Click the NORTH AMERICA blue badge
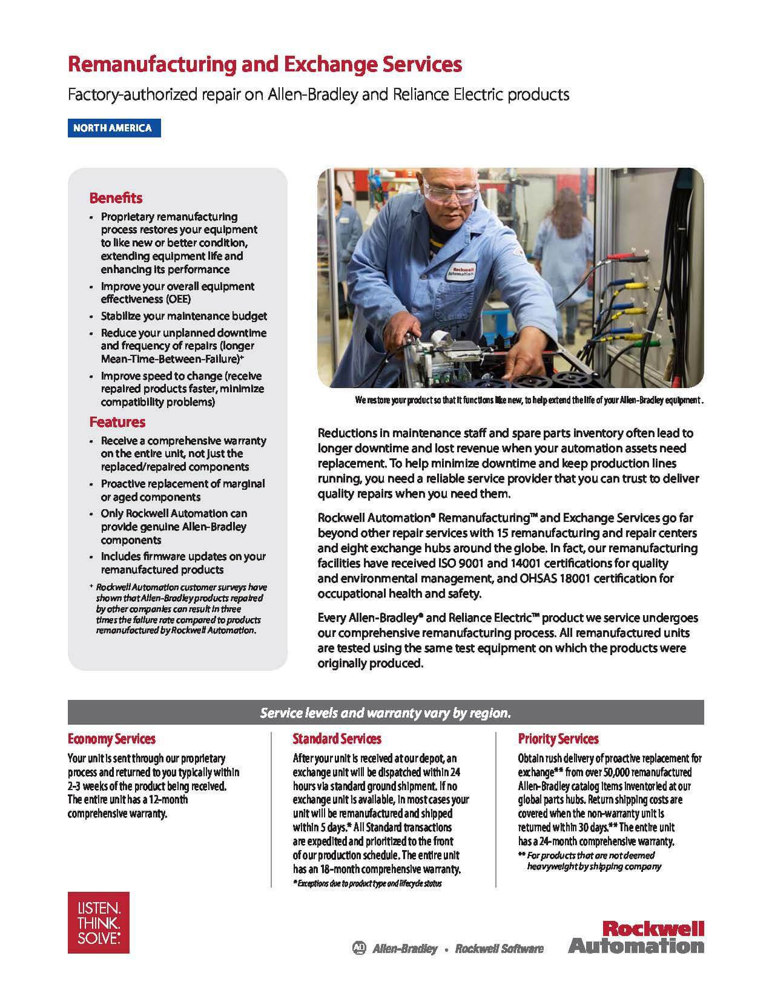[113, 128]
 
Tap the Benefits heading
[116, 198]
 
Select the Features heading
[117, 422]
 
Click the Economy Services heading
[111, 739]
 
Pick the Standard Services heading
[337, 739]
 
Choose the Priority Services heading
[558, 739]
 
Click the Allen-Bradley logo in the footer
[395, 948]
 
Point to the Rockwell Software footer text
[499, 948]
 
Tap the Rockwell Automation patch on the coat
[462, 270]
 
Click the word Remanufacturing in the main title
[150, 65]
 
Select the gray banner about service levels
[385, 713]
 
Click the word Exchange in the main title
[323, 65]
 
